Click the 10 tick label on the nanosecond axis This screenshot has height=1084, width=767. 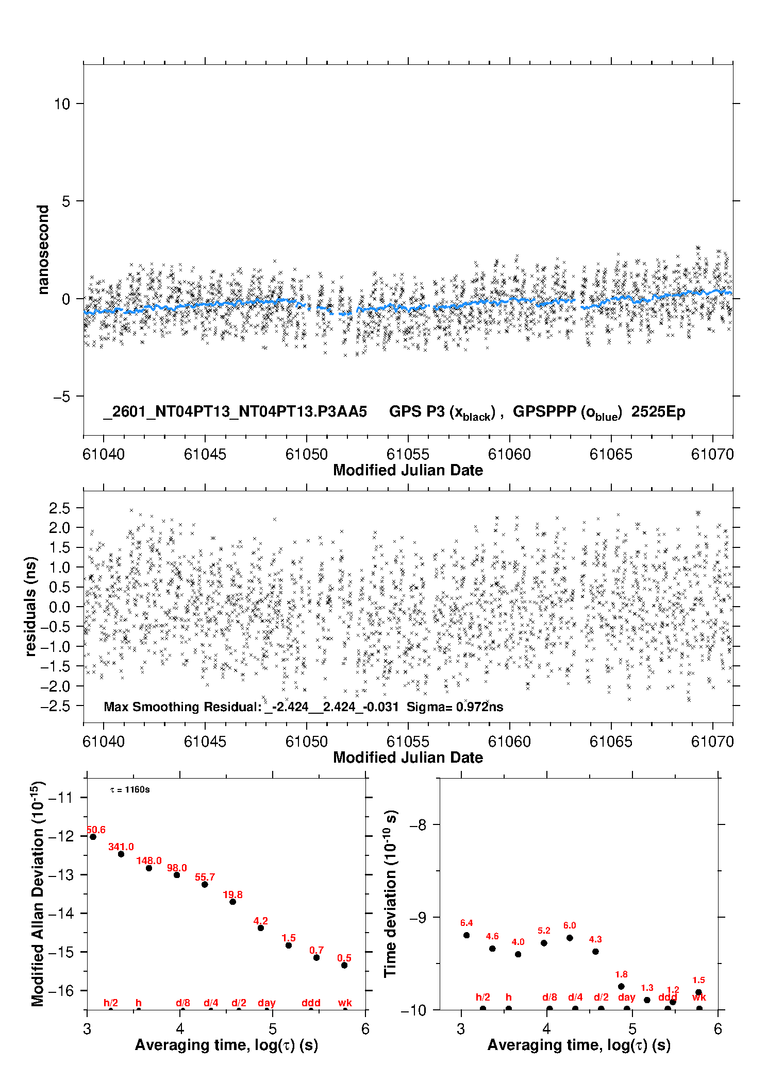tap(61, 104)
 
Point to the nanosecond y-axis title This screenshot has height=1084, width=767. tap(43, 249)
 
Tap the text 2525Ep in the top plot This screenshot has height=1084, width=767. tap(658, 412)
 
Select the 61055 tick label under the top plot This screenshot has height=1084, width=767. tap(408, 454)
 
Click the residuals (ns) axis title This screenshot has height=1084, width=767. tap(31, 606)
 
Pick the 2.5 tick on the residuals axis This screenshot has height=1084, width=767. tap(59, 508)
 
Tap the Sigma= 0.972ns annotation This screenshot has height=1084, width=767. tap(455, 707)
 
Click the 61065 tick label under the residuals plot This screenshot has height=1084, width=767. tap(611, 742)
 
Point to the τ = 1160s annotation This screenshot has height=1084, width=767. tap(130, 789)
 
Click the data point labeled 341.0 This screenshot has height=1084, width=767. tap(121, 854)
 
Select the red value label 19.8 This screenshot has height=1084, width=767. tap(232, 894)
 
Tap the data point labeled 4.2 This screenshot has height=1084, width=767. tap(261, 927)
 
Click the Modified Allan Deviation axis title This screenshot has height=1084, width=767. tap(38, 893)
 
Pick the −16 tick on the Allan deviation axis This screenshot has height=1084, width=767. tap(61, 990)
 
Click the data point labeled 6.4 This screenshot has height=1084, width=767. tap(466, 935)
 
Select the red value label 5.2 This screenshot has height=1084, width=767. tap(544, 931)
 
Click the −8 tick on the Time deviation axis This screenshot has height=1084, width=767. tap(418, 825)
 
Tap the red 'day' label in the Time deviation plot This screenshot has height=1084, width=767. tap(626, 997)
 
